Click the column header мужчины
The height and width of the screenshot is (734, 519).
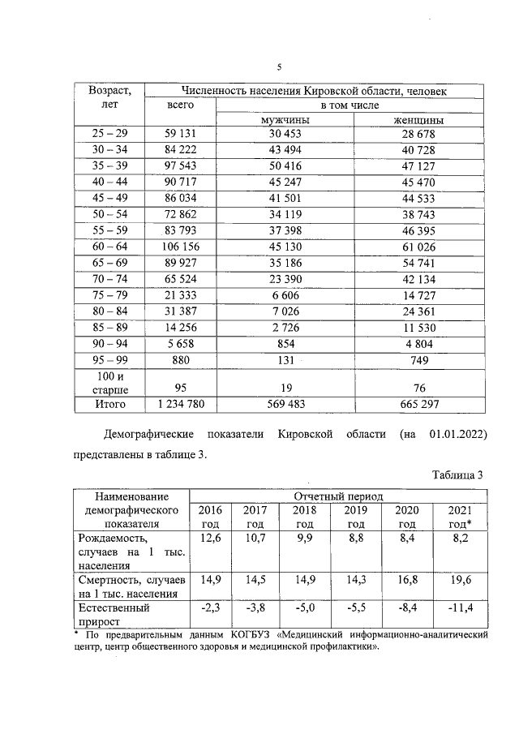pyautogui.click(x=287, y=120)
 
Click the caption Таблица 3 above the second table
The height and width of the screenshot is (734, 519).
pyautogui.click(x=456, y=475)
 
